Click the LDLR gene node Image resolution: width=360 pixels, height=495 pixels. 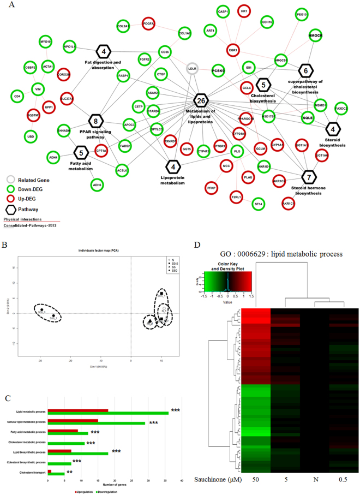coord(192,68)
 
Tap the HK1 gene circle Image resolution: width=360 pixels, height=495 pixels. coord(244,10)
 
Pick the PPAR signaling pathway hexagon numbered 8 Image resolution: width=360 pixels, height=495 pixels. coord(96,121)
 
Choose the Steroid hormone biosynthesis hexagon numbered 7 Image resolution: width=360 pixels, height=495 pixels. coord(309,177)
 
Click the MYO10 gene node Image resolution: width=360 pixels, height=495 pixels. coord(46,41)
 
